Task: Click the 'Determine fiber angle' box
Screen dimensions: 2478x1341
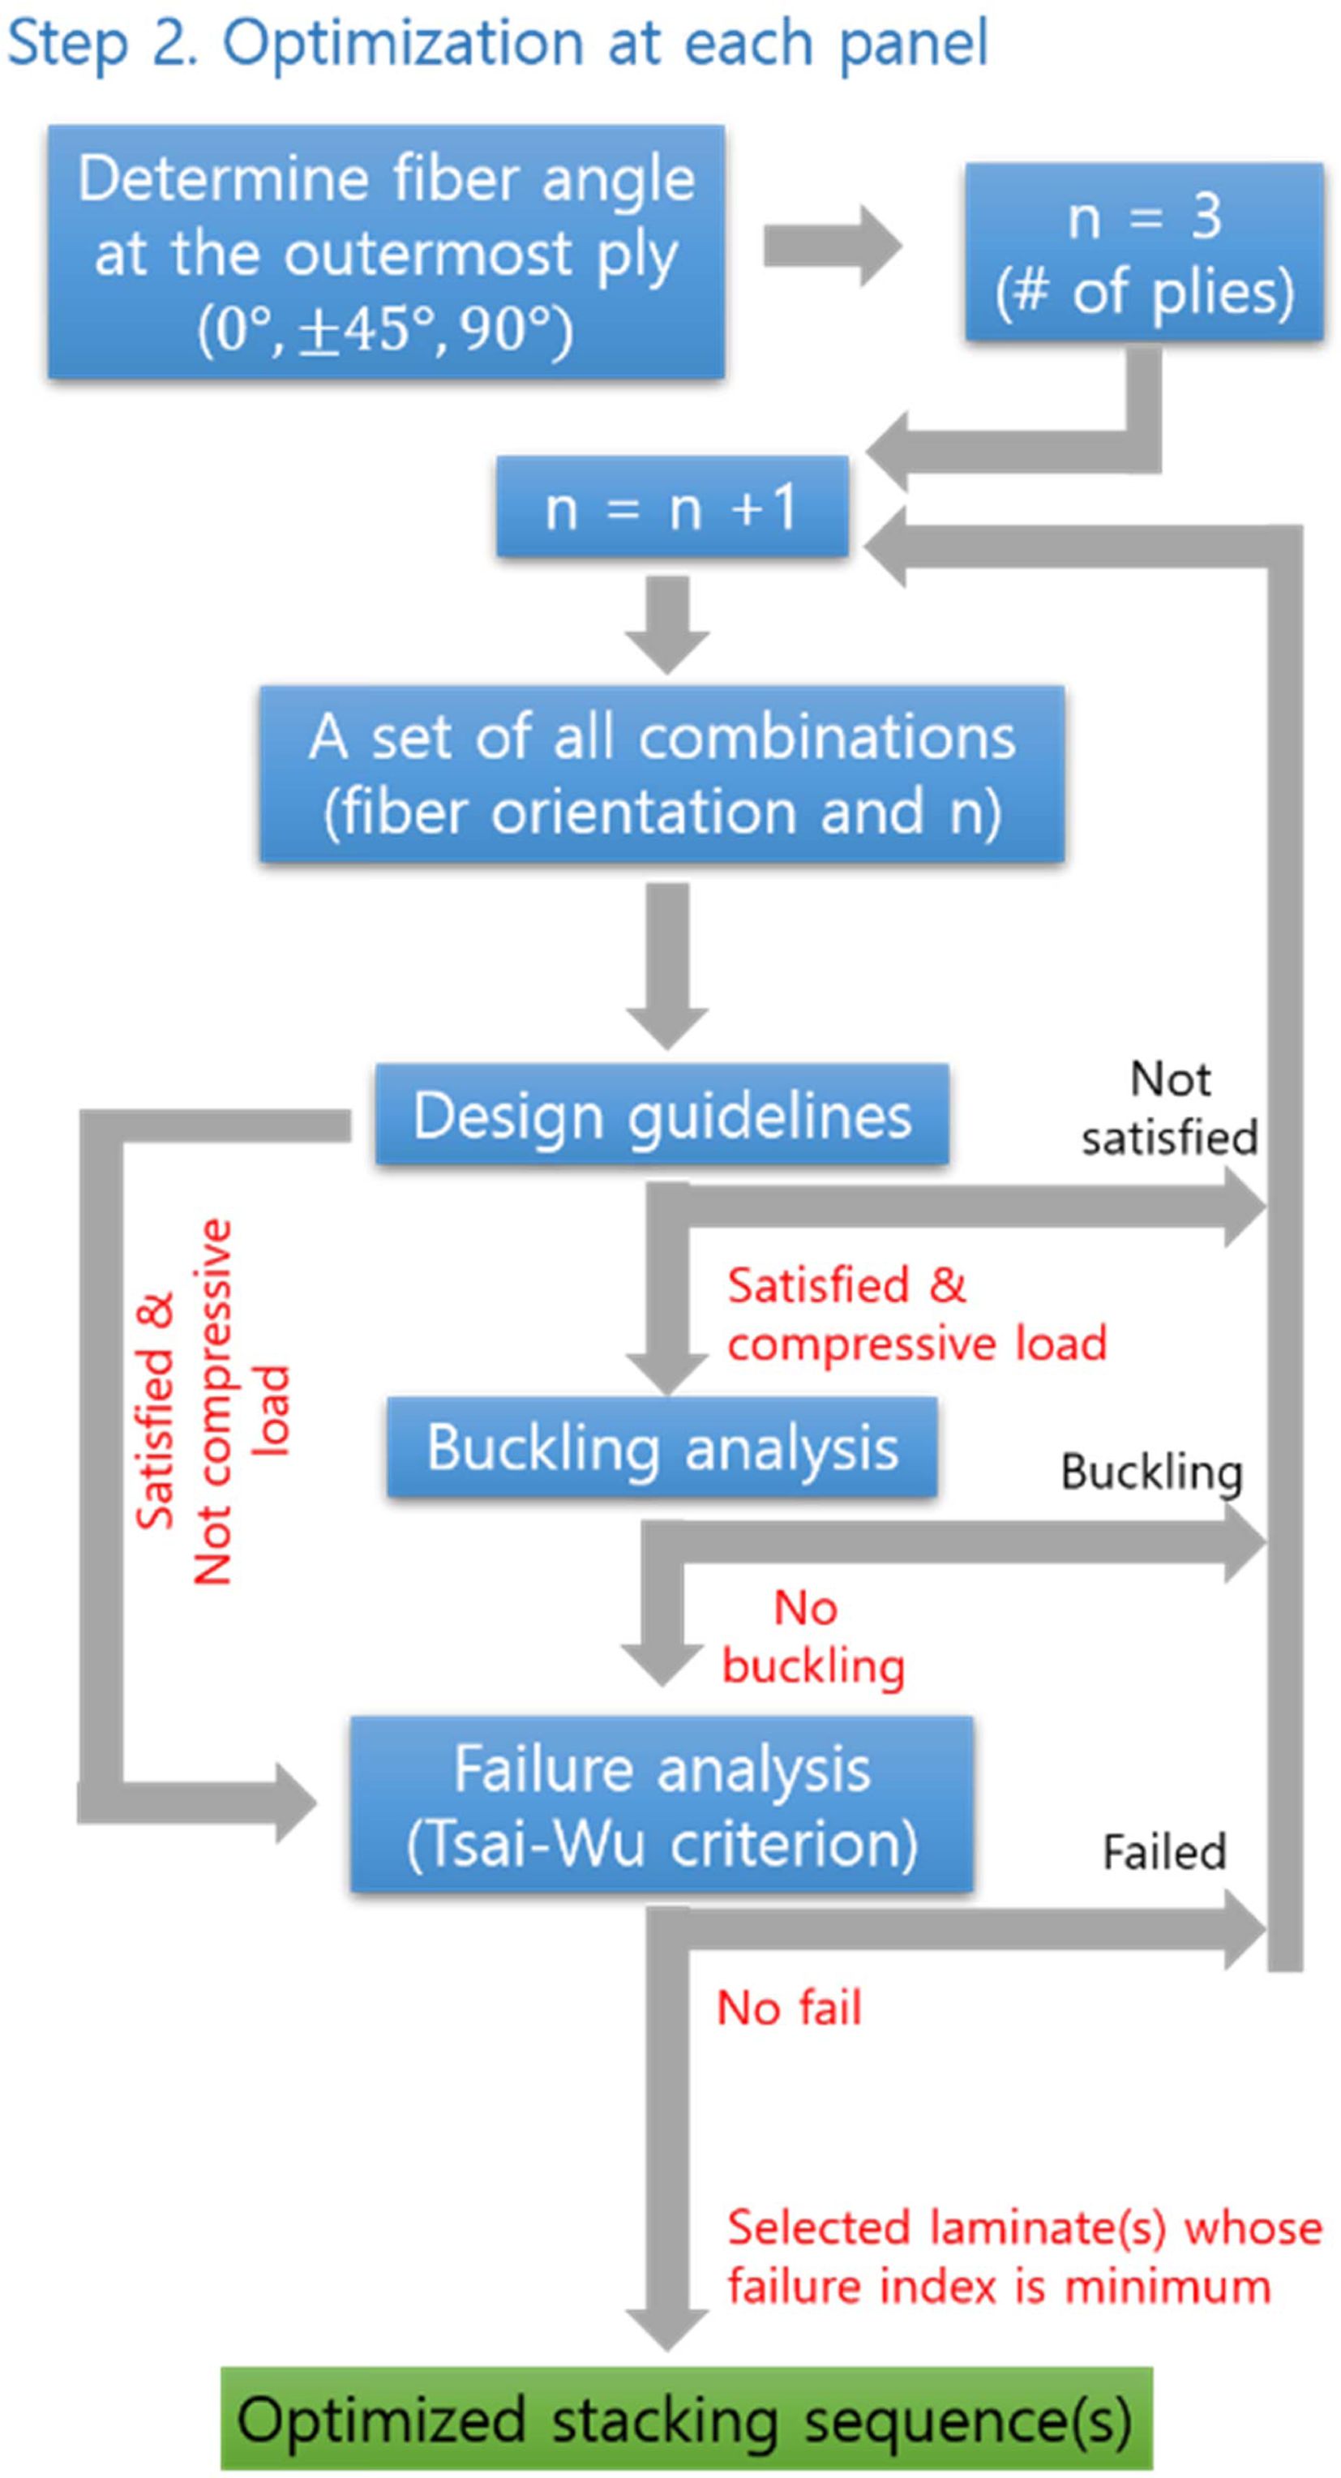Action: tap(386, 252)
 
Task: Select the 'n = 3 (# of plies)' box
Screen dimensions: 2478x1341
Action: tap(1144, 252)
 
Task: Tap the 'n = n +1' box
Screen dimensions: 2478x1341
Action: tap(671, 507)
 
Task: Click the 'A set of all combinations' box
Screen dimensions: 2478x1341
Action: tap(662, 774)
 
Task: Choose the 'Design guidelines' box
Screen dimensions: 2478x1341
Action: tap(662, 1115)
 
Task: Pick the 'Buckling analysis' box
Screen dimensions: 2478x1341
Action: tap(662, 1447)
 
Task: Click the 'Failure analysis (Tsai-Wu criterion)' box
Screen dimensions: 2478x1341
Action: tap(662, 1805)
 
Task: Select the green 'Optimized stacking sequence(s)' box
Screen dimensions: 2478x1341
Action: tap(686, 2418)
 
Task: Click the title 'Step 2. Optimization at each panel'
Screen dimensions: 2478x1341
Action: tap(497, 43)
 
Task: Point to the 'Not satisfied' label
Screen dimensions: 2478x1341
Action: tap(1170, 1108)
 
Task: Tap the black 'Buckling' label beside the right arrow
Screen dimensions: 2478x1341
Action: tap(1151, 1472)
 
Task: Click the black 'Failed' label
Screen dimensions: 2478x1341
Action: tap(1164, 1852)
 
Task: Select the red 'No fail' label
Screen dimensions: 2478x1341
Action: tap(789, 2009)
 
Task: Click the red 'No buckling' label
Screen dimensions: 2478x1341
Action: tap(813, 1636)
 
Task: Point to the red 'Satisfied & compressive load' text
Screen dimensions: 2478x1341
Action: tap(916, 1314)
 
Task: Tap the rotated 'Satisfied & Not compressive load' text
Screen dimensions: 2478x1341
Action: tap(212, 1400)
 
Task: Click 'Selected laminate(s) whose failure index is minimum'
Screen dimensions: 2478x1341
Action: tap(1023, 2257)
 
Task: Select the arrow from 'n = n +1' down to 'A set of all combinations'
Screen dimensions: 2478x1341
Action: tap(667, 624)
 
